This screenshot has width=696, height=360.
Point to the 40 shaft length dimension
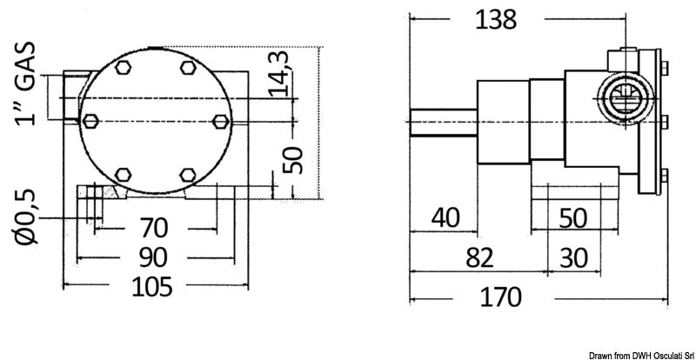(x=444, y=217)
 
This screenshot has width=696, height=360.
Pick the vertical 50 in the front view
(x=294, y=159)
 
